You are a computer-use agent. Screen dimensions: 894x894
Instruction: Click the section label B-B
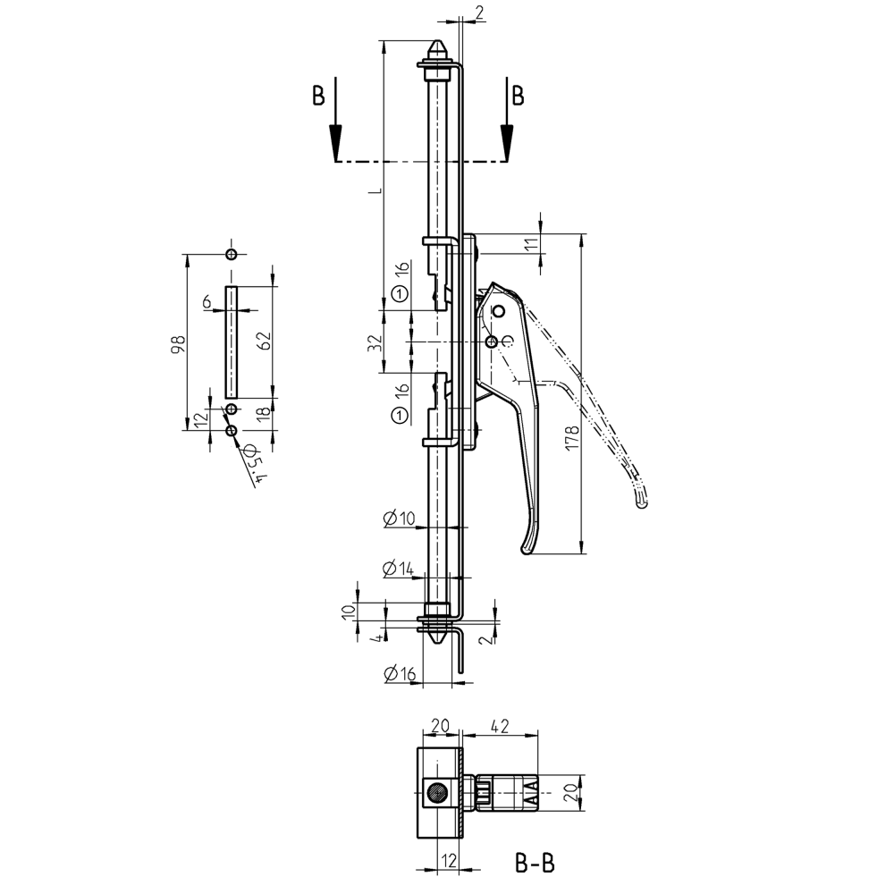click(535, 864)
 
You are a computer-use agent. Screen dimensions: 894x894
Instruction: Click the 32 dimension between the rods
click(375, 342)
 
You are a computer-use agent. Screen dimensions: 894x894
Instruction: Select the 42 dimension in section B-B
click(500, 728)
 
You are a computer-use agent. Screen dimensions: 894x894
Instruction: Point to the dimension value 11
click(532, 246)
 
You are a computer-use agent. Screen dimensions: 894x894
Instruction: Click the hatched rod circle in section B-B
click(437, 792)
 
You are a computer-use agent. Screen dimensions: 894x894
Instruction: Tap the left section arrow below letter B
click(335, 139)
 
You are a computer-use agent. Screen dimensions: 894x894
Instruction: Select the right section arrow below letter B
click(507, 139)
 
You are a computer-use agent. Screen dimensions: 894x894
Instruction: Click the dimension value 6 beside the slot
click(207, 303)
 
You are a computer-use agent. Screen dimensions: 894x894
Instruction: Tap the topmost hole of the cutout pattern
click(232, 255)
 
